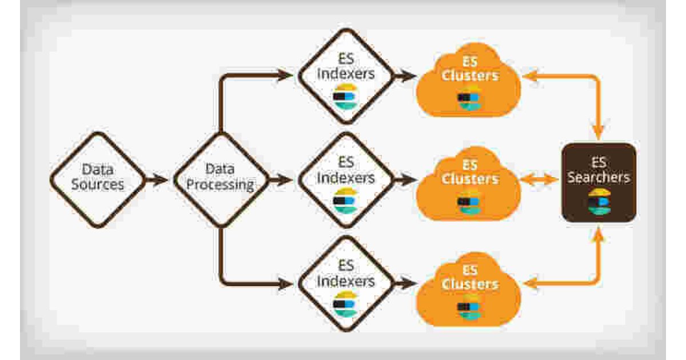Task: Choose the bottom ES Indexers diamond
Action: (x=346, y=283)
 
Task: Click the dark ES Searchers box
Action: (x=599, y=182)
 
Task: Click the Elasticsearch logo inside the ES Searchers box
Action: (x=599, y=201)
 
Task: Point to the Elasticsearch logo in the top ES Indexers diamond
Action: (x=345, y=95)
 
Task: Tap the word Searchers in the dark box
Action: (x=599, y=177)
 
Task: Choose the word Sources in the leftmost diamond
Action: (x=98, y=185)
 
